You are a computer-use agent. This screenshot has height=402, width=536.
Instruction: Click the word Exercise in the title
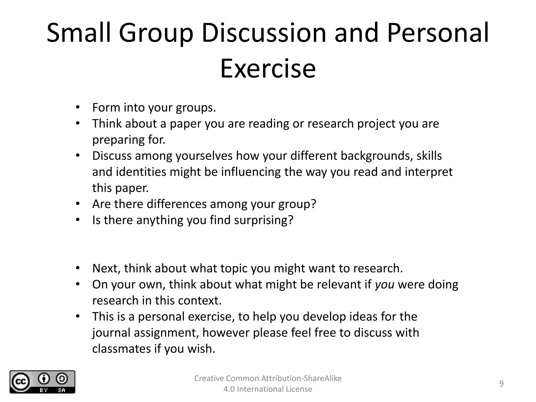click(x=268, y=69)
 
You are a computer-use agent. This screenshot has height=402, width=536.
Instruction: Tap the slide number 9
click(x=501, y=384)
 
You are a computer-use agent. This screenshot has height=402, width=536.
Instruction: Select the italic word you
click(x=384, y=284)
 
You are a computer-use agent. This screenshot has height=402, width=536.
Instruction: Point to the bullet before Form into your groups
click(x=77, y=107)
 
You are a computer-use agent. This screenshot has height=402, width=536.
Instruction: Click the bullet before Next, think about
click(x=77, y=268)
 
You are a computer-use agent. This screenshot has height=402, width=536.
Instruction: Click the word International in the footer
click(x=260, y=389)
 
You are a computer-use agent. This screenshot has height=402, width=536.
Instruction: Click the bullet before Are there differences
click(x=77, y=204)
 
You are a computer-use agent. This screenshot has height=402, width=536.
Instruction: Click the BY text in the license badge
click(x=43, y=390)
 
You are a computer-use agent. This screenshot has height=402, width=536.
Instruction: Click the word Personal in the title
click(x=438, y=33)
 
